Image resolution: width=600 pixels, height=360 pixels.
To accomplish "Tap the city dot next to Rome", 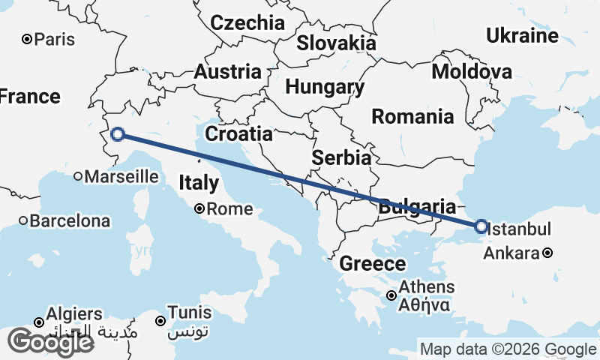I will [x=200, y=209].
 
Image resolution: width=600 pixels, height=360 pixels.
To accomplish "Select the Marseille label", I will [x=121, y=177].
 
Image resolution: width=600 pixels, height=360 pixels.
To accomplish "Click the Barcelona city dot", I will [x=24, y=221].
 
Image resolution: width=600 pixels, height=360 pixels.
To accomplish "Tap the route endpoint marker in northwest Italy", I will [x=117, y=135].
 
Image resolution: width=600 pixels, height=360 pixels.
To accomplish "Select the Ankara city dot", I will [x=548, y=253].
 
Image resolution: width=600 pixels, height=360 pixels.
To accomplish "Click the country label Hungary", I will [x=325, y=87].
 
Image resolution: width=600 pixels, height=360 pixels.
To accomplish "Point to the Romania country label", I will [x=412, y=116].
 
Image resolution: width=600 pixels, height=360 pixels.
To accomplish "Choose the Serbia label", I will [x=341, y=158].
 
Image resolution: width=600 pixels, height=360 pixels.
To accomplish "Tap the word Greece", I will [x=373, y=264].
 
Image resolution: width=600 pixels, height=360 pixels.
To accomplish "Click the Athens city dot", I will [x=391, y=295].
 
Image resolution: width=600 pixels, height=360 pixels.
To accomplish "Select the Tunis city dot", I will [x=160, y=321].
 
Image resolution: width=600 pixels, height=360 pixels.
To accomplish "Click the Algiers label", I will [x=74, y=313].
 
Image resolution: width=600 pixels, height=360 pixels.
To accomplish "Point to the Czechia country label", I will [x=247, y=22].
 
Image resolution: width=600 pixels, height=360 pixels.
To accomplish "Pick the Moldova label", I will [x=472, y=72].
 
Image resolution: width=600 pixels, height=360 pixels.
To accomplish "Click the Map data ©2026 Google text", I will [x=508, y=349].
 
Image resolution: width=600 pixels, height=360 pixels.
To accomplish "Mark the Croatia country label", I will [x=238, y=134].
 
